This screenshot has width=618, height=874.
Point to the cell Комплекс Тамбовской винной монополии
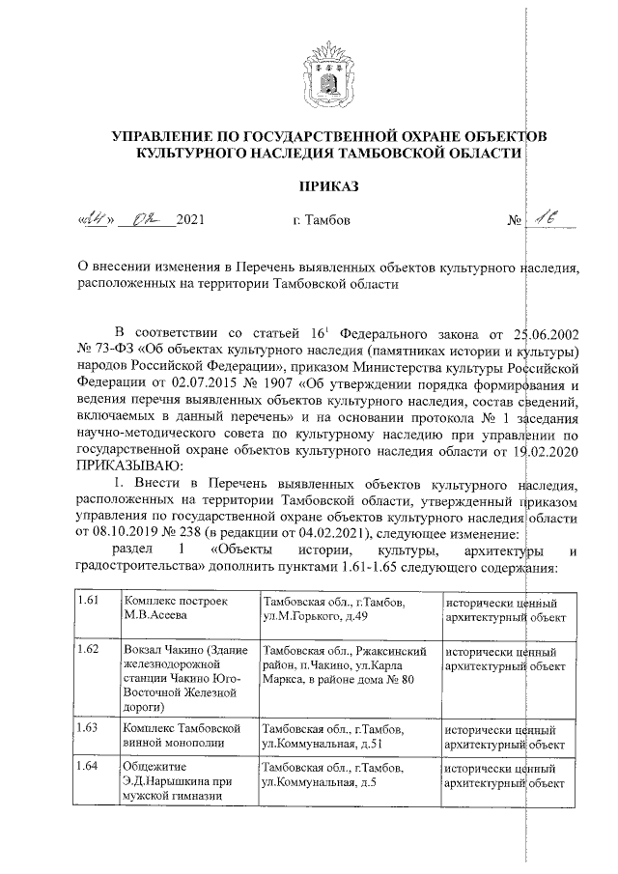(174, 734)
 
